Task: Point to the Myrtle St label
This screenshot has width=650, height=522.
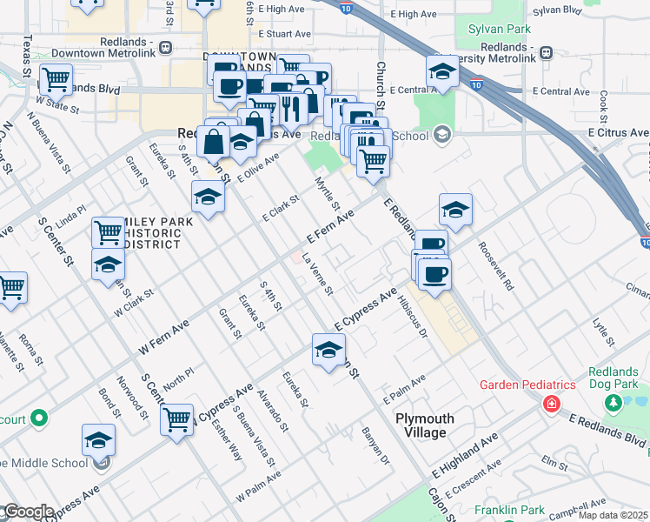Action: pyautogui.click(x=327, y=192)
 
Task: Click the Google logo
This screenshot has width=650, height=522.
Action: pyautogui.click(x=28, y=512)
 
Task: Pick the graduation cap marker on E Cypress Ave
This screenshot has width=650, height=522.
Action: pyautogui.click(x=328, y=350)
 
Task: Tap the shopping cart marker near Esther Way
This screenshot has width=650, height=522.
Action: pyautogui.click(x=177, y=418)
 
